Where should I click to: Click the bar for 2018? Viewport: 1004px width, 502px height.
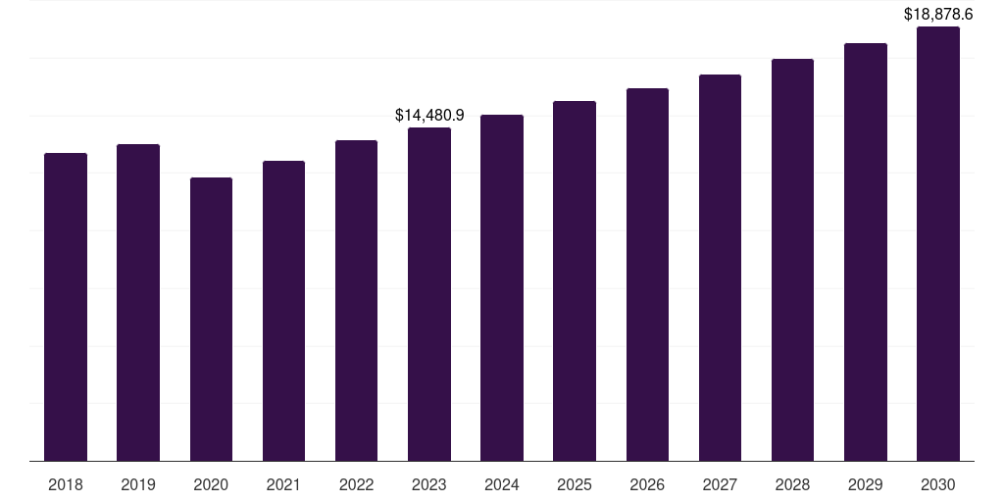click(x=66, y=307)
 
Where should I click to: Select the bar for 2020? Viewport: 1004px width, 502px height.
click(x=211, y=319)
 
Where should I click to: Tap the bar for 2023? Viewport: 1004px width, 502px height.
click(x=429, y=294)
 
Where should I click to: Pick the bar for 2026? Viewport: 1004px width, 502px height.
click(x=647, y=275)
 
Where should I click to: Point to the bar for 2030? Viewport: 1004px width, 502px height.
click(x=938, y=243)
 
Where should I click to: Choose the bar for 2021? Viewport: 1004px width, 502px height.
click(x=283, y=311)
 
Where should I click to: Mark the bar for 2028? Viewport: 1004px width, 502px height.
click(x=792, y=260)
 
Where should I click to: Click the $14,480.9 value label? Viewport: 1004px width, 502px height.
click(x=429, y=115)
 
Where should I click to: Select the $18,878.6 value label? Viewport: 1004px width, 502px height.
click(x=938, y=15)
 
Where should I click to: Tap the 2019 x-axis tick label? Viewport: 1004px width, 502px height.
click(x=138, y=484)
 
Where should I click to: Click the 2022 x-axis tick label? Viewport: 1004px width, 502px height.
click(x=356, y=484)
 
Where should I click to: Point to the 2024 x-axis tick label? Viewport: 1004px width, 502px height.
click(x=502, y=484)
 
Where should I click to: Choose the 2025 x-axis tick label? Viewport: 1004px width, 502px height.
click(x=575, y=484)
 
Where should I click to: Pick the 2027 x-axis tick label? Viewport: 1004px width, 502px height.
click(x=720, y=484)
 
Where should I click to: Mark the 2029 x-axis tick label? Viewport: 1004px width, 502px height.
click(x=865, y=484)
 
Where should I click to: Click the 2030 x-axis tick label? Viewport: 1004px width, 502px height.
click(x=938, y=484)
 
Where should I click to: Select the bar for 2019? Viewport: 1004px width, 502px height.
click(x=138, y=302)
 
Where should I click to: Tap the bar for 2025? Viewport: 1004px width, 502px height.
click(x=575, y=280)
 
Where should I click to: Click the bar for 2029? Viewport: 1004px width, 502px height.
click(x=865, y=252)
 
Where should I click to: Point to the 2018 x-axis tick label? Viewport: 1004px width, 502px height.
click(x=66, y=484)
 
